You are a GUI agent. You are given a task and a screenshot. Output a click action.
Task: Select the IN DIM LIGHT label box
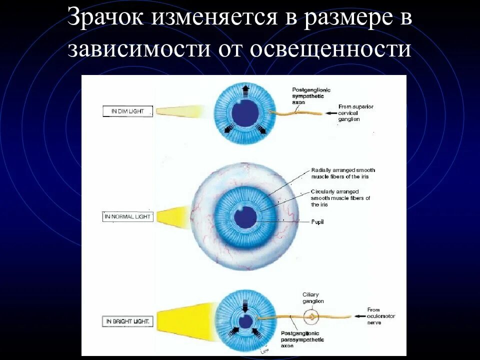point(127,111)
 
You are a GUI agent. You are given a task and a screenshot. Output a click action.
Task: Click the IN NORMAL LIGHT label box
point(127,217)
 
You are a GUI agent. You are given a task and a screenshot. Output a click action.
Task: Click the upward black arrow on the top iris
point(245,90)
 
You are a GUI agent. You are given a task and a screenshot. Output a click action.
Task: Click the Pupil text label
point(317,221)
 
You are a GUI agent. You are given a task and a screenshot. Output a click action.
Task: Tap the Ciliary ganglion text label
point(312,298)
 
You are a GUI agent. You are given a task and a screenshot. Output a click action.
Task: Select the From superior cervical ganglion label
point(355,113)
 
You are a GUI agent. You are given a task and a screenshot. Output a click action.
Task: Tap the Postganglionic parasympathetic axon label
point(300,339)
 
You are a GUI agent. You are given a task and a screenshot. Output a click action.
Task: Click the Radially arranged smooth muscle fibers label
point(342,173)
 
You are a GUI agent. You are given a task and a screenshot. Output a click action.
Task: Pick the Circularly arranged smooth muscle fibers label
point(340,198)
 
